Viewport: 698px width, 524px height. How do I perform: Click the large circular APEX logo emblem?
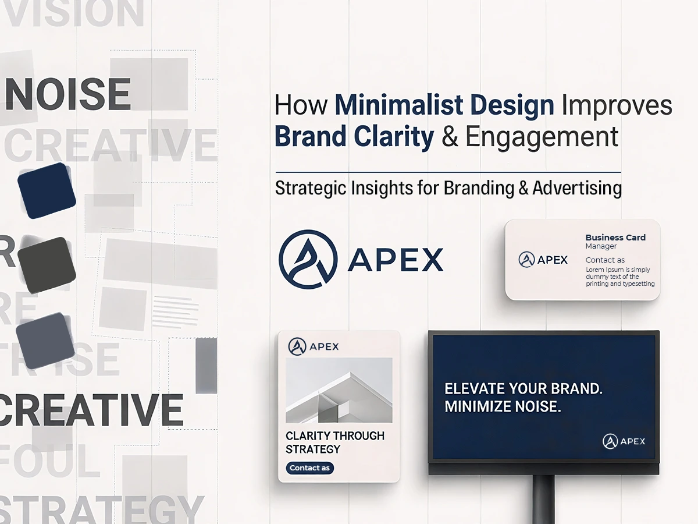pos(308,259)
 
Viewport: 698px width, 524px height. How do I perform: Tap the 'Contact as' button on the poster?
pos(310,468)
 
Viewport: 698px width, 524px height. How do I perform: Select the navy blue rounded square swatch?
pos(47,191)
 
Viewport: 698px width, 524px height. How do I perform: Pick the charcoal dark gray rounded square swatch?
pos(47,265)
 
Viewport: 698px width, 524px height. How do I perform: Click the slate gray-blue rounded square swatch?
pos(45,341)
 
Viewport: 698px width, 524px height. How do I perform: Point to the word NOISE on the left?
pos(67,94)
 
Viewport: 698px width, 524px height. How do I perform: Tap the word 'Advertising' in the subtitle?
pos(576,188)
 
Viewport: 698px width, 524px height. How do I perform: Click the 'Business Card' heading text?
pos(615,238)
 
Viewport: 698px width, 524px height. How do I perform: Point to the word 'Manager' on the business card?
pos(601,246)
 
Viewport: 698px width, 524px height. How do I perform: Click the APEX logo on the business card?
pos(543,260)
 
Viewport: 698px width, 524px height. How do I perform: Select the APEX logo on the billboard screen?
pos(624,441)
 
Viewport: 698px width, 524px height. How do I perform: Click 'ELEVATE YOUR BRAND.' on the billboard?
pos(523,390)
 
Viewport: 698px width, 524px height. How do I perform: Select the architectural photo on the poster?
pos(339,390)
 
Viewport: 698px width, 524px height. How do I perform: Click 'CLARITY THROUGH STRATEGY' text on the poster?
pos(335,442)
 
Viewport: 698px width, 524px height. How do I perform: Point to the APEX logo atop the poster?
pos(313,346)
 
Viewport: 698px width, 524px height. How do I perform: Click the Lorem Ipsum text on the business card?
pos(619,277)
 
